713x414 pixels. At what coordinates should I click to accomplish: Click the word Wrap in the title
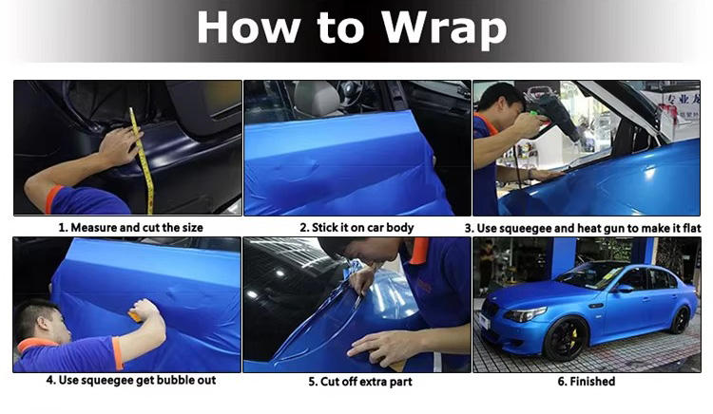(x=444, y=28)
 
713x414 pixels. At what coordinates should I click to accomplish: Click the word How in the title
(x=249, y=28)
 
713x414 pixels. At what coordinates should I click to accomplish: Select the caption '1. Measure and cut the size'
(x=130, y=228)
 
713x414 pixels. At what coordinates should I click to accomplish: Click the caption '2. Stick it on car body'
(x=356, y=228)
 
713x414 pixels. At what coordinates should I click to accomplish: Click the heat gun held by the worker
(x=552, y=116)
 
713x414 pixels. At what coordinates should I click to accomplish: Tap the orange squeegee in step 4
(x=136, y=316)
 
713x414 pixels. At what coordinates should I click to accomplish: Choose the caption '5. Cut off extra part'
(x=360, y=382)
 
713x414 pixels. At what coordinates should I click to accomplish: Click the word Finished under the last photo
(x=592, y=382)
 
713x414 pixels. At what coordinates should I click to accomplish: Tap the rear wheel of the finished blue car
(x=681, y=320)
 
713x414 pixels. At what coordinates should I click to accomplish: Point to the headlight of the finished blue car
(x=526, y=314)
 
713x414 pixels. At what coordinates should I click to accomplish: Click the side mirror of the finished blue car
(x=624, y=288)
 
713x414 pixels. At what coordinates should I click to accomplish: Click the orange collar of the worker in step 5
(x=419, y=250)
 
